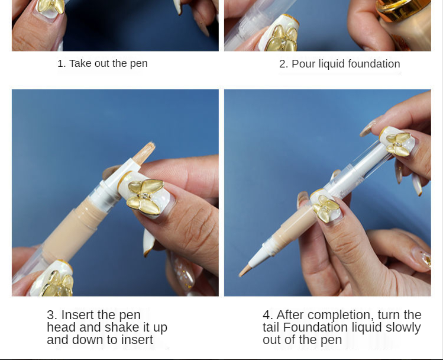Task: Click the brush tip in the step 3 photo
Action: [x=144, y=152]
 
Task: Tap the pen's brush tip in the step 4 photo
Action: [x=244, y=271]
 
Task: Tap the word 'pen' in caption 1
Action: [x=139, y=64]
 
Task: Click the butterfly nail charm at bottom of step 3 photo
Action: [x=57, y=283]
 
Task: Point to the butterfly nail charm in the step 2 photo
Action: [x=282, y=38]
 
